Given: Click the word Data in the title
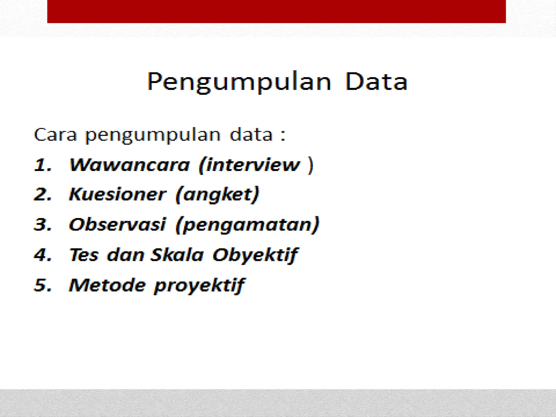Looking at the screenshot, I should tap(376, 81).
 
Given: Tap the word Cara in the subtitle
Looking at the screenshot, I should tap(55, 135).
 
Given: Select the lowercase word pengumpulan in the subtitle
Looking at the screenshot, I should tap(153, 135).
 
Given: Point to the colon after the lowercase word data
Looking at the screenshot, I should tap(283, 135).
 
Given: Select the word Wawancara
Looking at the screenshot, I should tap(129, 165).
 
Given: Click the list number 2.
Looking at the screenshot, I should tap(42, 195).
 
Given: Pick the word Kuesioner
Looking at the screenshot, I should tap(117, 195).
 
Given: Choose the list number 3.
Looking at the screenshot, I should tap(42, 225).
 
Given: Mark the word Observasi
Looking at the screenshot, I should tap(117, 225).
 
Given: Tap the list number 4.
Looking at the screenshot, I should tap(42, 255).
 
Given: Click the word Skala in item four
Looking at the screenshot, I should tap(177, 255).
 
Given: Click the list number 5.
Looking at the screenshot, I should tap(42, 285).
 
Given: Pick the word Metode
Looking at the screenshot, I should tap(108, 285).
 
